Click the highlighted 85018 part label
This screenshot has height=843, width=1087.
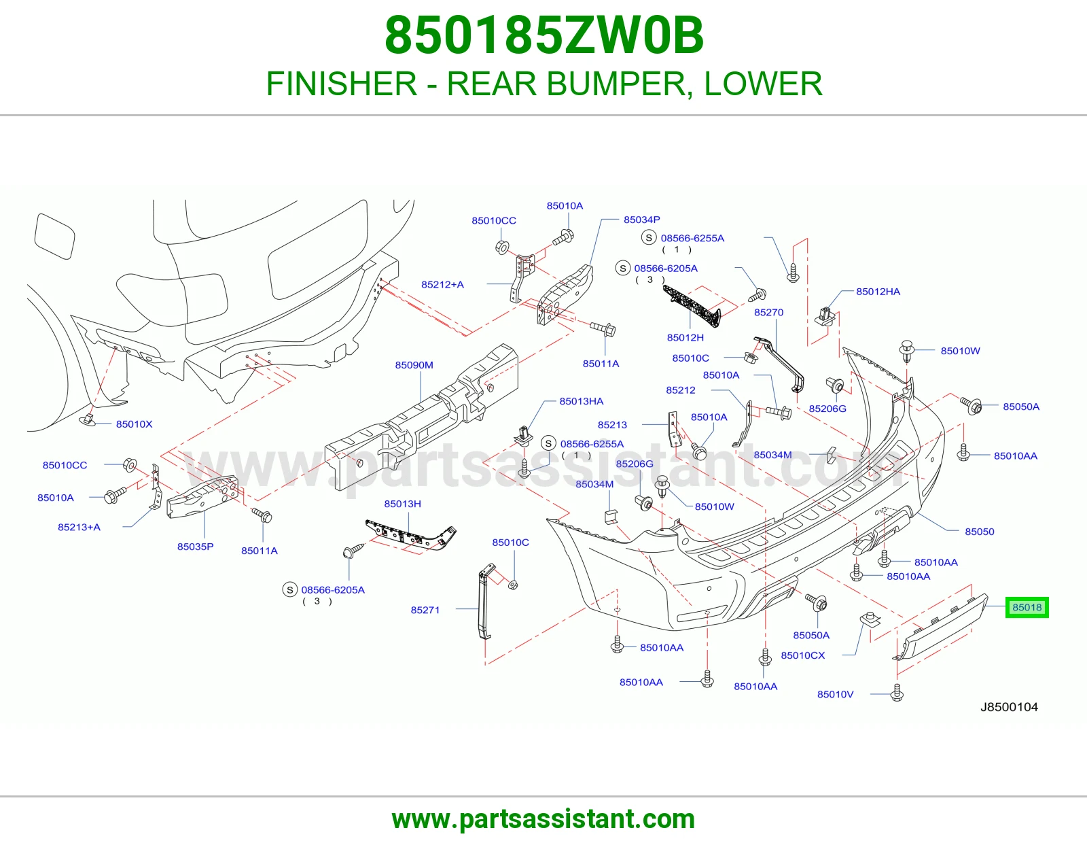(1027, 607)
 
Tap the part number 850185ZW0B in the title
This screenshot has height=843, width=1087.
(544, 35)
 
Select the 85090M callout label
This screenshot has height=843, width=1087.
(414, 365)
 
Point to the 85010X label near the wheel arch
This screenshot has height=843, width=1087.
(134, 424)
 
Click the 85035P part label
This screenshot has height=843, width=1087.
(195, 547)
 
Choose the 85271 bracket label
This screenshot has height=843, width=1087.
(425, 610)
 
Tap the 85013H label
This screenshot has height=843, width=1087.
(403, 504)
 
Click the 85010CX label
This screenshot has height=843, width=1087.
(803, 655)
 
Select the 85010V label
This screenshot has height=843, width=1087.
(836, 694)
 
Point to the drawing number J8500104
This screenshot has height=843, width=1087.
(1009, 707)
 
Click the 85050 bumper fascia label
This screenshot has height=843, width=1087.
(980, 532)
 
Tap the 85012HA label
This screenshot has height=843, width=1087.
(878, 292)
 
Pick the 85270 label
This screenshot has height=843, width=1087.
(769, 312)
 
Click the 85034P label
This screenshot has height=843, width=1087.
(642, 220)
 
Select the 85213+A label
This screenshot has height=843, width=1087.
(79, 527)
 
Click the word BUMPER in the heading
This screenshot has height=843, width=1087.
(616, 84)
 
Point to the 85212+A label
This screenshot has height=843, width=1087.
(443, 284)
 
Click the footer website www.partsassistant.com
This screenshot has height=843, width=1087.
(543, 819)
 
